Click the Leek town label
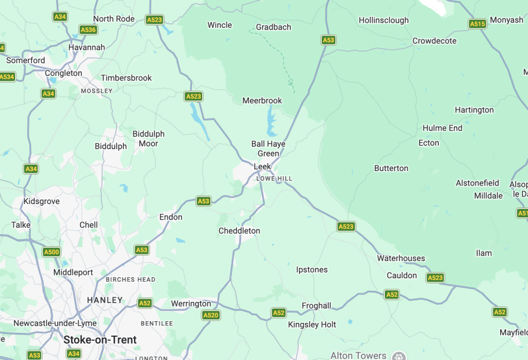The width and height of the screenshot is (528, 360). pos(263,166)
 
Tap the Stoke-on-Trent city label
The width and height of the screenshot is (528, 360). pos(100,340)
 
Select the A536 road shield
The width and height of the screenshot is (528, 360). pos(88,30)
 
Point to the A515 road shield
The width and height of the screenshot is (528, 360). pos(477,24)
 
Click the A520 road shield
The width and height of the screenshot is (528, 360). pos(210,315)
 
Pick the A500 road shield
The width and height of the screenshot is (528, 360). pos(51,252)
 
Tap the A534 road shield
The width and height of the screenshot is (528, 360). pos(6,77)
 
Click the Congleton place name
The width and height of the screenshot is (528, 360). pos(63,73)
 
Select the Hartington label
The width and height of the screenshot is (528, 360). pos(474,110)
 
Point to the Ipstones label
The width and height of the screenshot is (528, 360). pos(312,270)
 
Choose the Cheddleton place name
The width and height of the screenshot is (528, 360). pos(239,231)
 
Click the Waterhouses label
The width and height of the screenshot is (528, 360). pos(401,258)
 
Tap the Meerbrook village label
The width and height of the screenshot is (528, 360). pos(262,100)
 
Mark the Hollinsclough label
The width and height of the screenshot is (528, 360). pos(384,20)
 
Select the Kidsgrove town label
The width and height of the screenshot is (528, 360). pos(41,201)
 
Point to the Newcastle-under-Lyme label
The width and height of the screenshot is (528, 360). pos(55,323)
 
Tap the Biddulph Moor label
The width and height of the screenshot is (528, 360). pos(148,138)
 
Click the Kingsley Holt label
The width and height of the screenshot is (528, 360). pos(312,325)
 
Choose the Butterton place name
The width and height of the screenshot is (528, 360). pos(391,168)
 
